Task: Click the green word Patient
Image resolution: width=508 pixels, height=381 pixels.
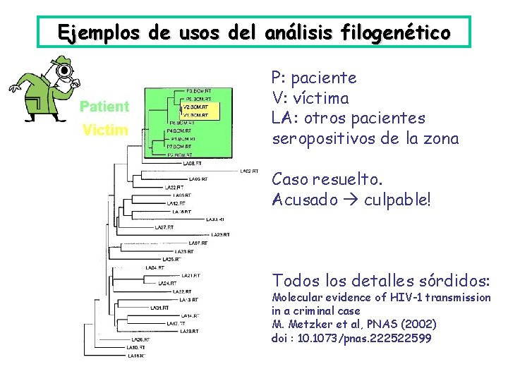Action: click(104, 107)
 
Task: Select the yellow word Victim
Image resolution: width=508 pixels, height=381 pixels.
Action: click(105, 131)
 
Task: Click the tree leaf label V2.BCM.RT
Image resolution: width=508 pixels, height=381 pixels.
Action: click(197, 107)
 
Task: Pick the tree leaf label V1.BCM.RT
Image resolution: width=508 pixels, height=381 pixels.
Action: click(197, 114)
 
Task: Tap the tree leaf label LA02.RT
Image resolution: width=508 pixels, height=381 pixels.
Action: click(249, 171)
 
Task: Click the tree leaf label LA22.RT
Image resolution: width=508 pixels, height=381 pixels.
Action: click(182, 291)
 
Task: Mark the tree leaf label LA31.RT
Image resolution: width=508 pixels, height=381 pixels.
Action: click(160, 308)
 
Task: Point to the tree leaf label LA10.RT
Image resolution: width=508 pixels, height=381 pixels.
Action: click(136, 347)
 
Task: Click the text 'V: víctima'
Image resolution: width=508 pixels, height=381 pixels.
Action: click(310, 97)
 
